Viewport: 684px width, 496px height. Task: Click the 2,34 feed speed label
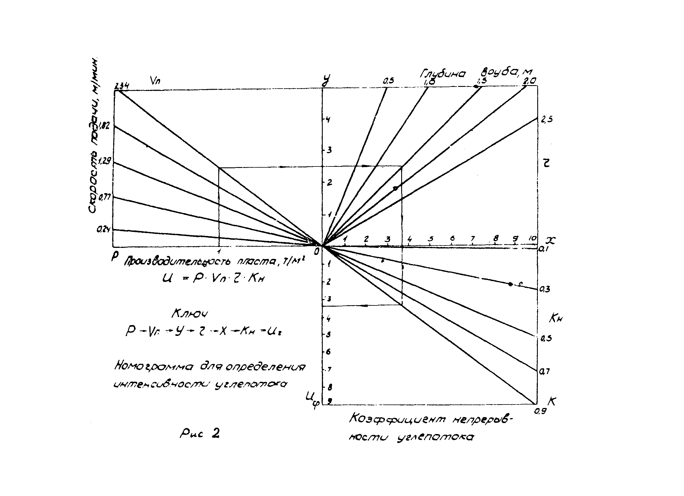(x=122, y=86)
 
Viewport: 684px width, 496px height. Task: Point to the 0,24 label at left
(x=103, y=230)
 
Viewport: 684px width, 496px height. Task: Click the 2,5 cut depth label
(x=547, y=120)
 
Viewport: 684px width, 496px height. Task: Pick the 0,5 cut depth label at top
(x=388, y=80)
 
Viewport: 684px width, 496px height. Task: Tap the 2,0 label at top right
(x=529, y=80)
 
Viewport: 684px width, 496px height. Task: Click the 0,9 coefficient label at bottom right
(x=540, y=411)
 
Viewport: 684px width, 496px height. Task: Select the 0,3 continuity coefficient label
(x=545, y=289)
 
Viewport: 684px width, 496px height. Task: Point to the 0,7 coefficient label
(x=545, y=372)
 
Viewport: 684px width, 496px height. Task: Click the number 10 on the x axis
(x=533, y=238)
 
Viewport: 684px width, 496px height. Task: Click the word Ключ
(x=190, y=314)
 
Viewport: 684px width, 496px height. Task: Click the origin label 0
(x=316, y=251)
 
